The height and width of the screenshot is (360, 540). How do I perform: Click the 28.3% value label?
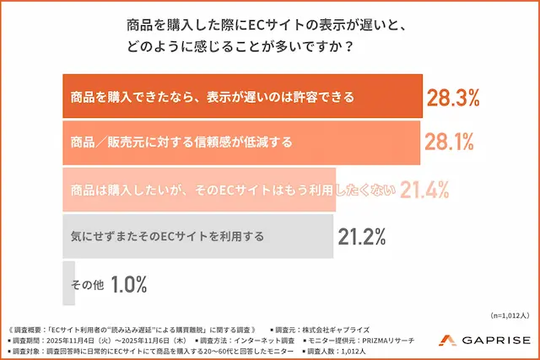[452, 97]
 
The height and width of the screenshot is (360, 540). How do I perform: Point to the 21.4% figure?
[424, 190]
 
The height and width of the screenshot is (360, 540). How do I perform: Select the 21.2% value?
[363, 237]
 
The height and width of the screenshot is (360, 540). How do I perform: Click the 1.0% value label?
[128, 284]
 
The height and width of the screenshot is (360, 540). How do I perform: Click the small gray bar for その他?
[69, 284]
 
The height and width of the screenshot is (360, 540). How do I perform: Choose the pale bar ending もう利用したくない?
[199, 190]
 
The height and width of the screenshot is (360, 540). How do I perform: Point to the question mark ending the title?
[349, 46]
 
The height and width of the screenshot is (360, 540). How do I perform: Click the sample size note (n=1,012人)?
[510, 314]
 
